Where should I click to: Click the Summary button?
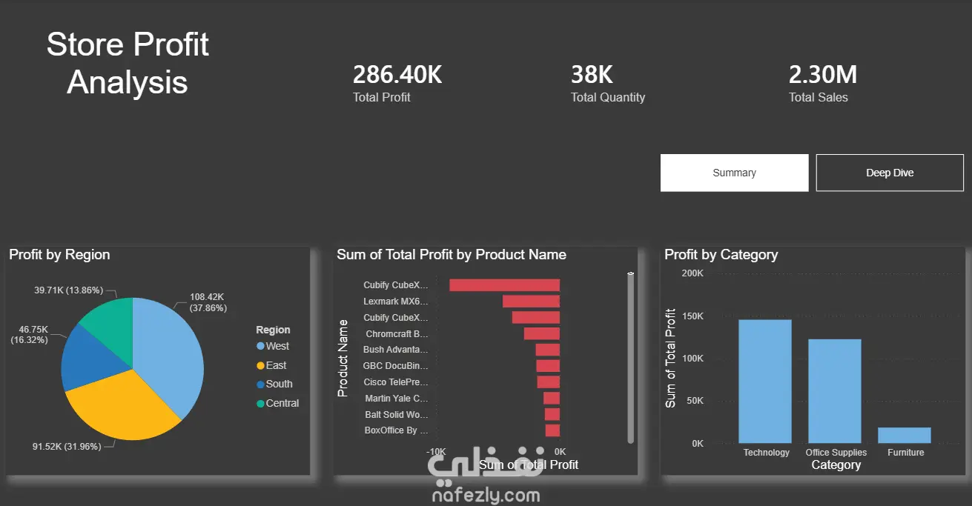click(x=734, y=173)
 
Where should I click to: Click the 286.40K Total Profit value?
click(x=397, y=75)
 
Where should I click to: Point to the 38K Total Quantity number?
click(x=592, y=75)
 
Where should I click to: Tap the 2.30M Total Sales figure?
click(x=823, y=75)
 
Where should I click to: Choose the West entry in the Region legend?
click(x=273, y=346)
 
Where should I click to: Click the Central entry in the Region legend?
click(x=278, y=403)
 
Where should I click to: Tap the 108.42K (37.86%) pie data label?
click(x=208, y=302)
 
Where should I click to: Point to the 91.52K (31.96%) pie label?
click(x=67, y=446)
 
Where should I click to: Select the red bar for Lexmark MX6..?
click(x=531, y=302)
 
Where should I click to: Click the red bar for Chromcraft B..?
click(x=541, y=333)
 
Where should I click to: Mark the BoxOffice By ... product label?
click(x=396, y=430)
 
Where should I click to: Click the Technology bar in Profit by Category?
click(x=765, y=382)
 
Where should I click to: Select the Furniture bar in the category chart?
click(x=905, y=436)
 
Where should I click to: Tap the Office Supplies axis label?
click(x=836, y=452)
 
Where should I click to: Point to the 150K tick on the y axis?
click(x=692, y=316)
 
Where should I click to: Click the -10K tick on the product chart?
click(x=436, y=451)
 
